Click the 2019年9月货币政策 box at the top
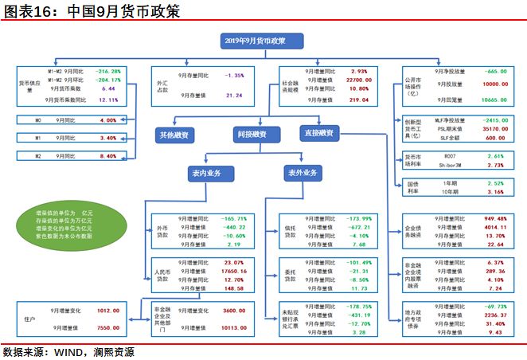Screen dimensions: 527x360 tap(255, 40)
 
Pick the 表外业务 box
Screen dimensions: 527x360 tap(303, 172)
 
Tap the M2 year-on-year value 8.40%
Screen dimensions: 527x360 tap(109, 157)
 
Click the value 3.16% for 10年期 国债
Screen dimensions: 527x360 tap(495, 192)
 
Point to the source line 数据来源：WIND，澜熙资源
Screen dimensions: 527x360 tap(68, 352)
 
